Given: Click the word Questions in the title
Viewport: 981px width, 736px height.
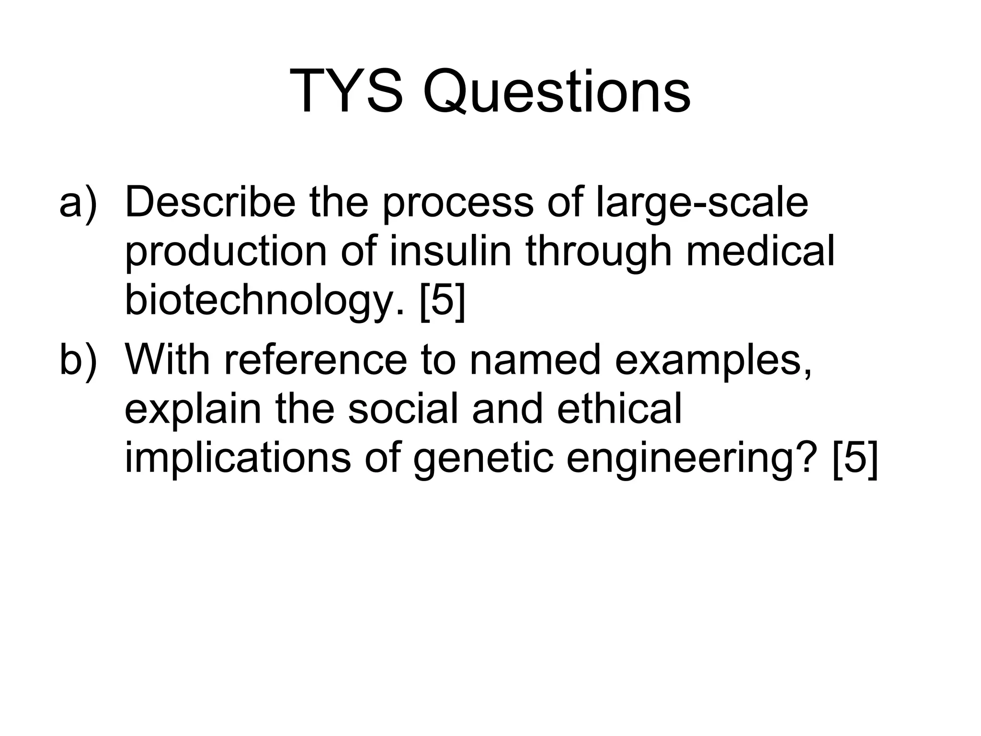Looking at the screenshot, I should [556, 91].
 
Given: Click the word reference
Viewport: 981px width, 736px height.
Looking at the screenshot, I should [315, 360].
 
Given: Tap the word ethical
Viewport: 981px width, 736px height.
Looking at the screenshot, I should [619, 409].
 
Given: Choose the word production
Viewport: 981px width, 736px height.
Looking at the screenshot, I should [226, 252].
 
